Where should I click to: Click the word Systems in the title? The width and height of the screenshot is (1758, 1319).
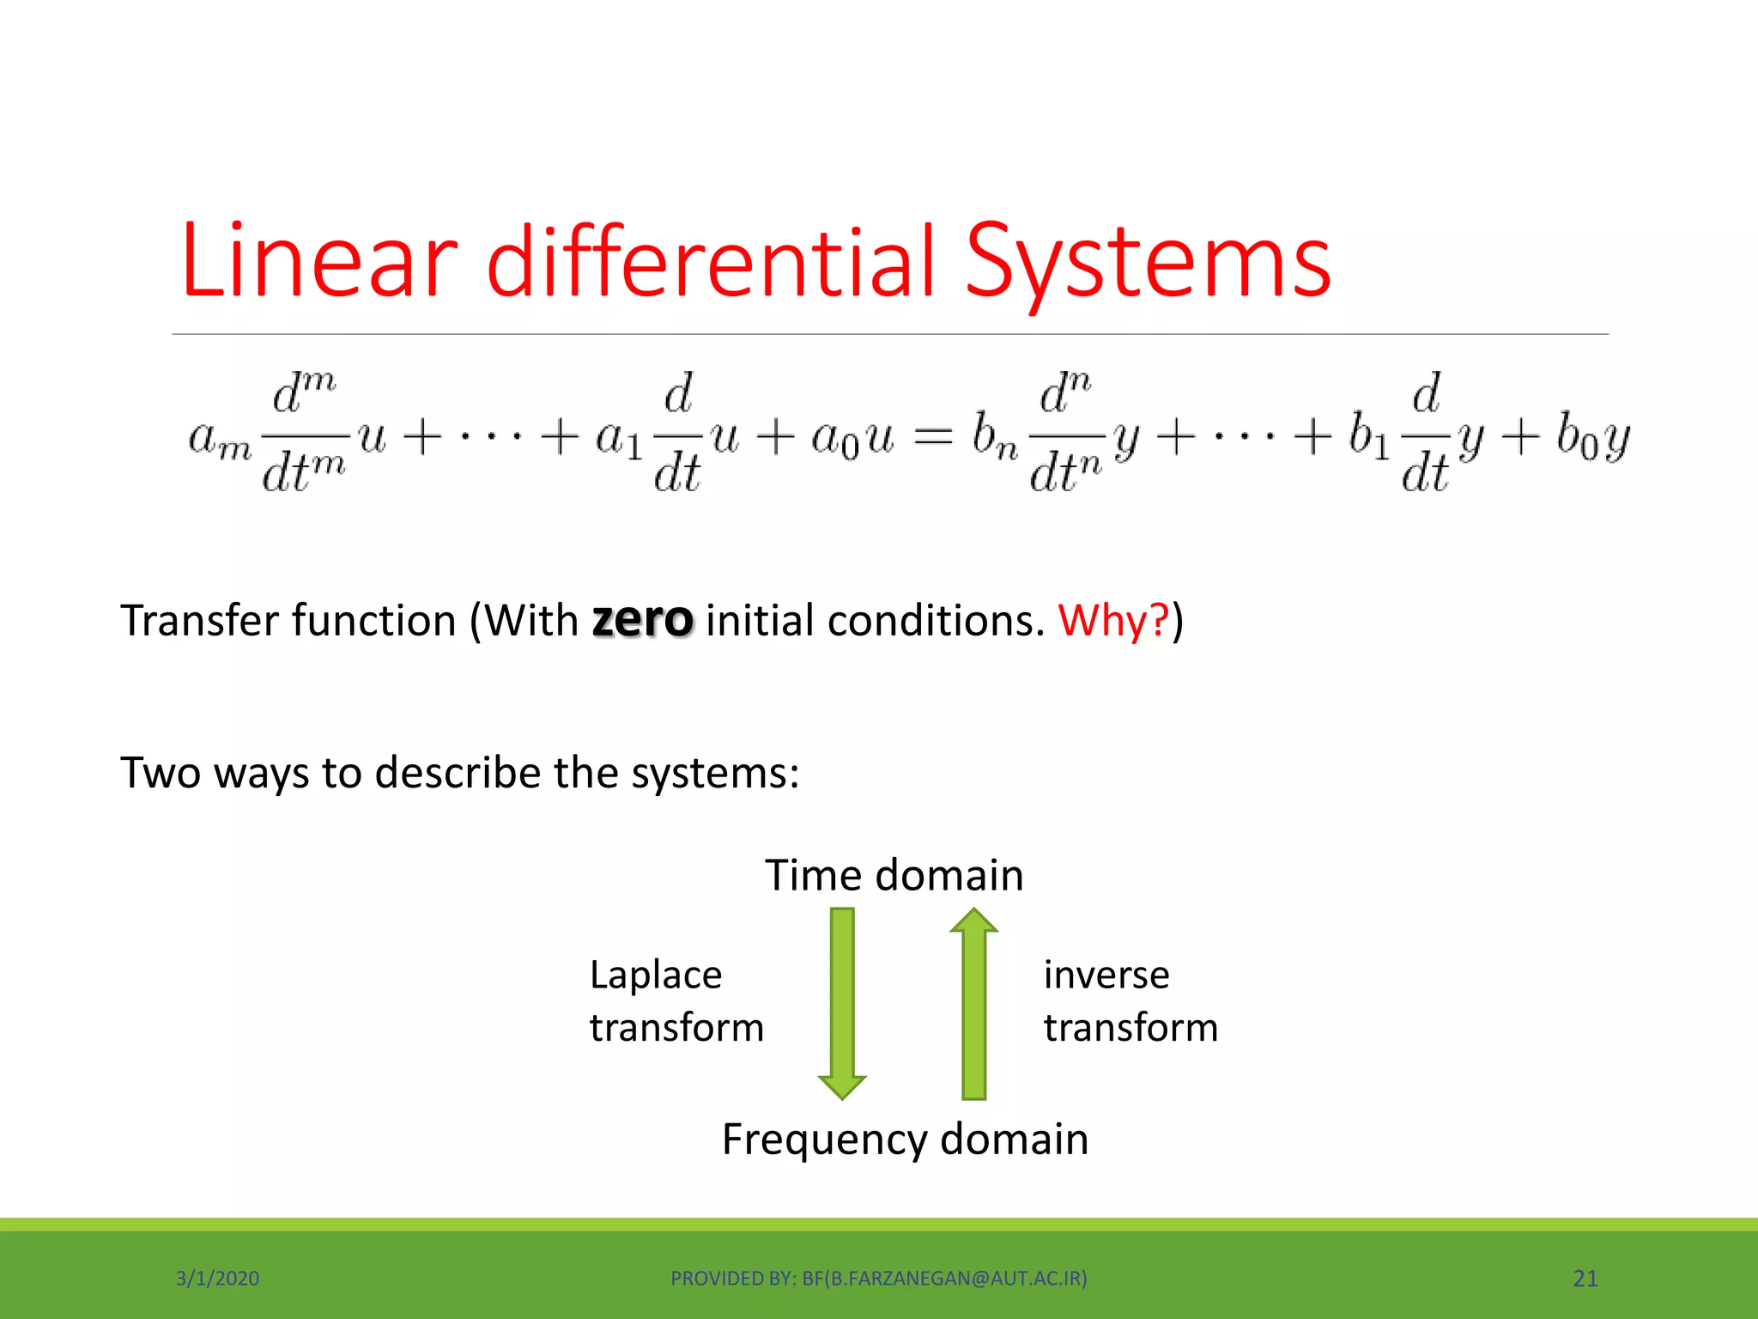click(1148, 261)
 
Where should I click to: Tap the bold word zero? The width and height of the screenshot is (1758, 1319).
click(642, 620)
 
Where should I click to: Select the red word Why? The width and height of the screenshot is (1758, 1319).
click(1113, 620)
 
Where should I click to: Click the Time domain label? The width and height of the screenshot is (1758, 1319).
click(894, 875)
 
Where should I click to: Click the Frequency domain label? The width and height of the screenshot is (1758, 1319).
click(905, 1139)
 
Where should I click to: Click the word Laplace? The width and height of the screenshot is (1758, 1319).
click(656, 976)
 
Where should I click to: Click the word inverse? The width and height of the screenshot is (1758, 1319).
click(1106, 976)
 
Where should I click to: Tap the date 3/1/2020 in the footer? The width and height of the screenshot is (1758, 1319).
click(217, 1279)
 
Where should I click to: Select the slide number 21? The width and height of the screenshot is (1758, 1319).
click(1585, 1279)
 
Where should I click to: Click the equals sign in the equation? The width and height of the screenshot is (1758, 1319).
click(932, 437)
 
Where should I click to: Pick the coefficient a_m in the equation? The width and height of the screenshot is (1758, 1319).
click(220, 440)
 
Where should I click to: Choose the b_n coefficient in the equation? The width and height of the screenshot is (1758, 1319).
click(994, 437)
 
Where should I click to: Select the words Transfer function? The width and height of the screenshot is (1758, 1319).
click(288, 620)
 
